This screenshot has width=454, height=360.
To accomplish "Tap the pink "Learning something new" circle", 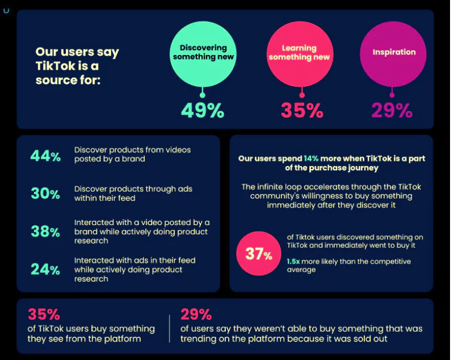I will (x=299, y=52).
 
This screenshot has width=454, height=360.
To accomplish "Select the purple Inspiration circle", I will (x=393, y=52).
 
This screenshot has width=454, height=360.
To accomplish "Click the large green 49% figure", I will (x=203, y=110).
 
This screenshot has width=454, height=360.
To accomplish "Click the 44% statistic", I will (x=45, y=156).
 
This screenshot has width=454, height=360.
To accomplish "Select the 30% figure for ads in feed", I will (x=45, y=193).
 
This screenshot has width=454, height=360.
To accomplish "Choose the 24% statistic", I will (x=45, y=269).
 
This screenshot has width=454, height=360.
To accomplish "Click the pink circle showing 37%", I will (x=259, y=253).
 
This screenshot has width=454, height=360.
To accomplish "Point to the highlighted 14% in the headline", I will (x=311, y=159).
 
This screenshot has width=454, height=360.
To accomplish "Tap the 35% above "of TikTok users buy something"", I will (x=43, y=314).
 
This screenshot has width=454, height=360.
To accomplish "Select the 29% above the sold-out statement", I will (x=196, y=314).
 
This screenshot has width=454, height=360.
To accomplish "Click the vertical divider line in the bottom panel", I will (x=169, y=328).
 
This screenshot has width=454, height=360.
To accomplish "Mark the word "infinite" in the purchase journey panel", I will (x=273, y=187).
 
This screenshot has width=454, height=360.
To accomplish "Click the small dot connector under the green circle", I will (x=203, y=94).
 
